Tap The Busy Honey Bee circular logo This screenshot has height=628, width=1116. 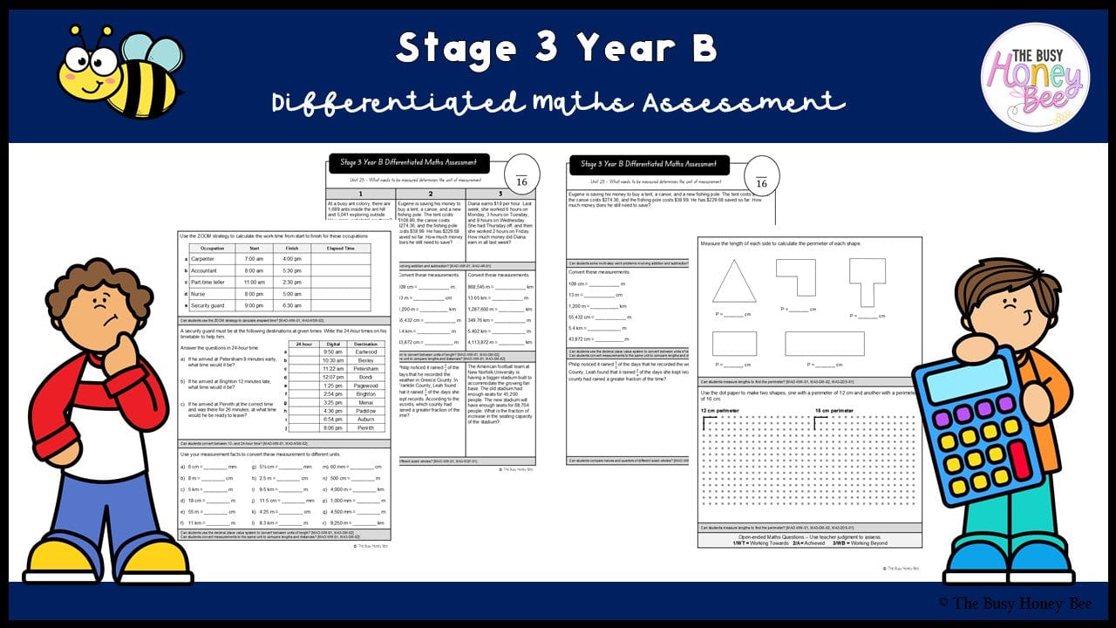click(1035, 78)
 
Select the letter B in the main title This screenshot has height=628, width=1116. click(703, 49)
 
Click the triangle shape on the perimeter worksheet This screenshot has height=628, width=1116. click(733, 283)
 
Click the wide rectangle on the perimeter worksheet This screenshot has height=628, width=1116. click(824, 344)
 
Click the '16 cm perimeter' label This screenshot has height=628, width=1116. click(835, 411)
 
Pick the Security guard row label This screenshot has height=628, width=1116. click(208, 305)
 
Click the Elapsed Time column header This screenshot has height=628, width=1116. click(340, 248)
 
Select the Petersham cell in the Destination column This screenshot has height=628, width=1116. click(366, 369)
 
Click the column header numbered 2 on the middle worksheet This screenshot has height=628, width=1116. click(430, 194)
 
